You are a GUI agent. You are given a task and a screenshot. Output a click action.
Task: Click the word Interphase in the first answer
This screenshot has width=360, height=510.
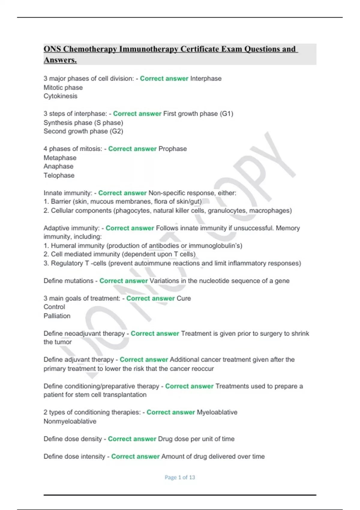(206, 79)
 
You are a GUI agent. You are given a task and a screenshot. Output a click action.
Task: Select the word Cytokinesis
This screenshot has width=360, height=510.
(60, 96)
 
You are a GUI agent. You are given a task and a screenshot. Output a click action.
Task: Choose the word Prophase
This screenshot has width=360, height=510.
(172, 149)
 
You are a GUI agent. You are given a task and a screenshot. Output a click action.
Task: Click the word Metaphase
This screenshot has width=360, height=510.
(60, 158)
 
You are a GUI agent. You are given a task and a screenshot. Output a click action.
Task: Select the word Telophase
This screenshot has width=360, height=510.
(59, 175)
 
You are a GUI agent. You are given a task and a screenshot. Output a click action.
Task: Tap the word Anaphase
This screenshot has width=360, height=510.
(58, 166)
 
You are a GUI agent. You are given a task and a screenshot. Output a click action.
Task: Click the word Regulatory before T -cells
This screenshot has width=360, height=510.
(67, 263)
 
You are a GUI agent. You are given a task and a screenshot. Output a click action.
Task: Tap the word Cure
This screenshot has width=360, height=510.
(184, 298)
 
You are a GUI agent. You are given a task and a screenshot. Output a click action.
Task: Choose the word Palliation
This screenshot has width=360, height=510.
(57, 316)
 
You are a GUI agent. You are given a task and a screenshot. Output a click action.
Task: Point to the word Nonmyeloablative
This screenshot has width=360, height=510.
(70, 421)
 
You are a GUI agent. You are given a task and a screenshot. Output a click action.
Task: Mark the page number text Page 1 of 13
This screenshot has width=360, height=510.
(180, 477)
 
